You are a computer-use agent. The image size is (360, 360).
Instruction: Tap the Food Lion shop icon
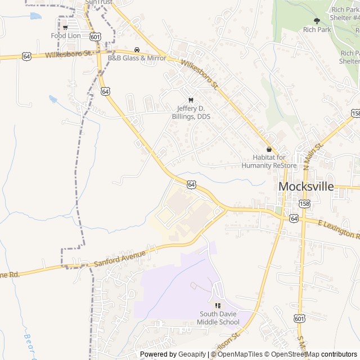pos(66,27)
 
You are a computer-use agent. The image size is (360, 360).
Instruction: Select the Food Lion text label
pos(66,35)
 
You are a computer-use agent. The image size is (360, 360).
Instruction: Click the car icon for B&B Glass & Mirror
pos(137,49)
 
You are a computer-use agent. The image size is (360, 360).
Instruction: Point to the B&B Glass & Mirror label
pos(137,58)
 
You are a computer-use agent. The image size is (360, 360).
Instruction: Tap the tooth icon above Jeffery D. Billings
pos(190,100)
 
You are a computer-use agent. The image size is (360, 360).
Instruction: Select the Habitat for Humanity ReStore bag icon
pos(269,150)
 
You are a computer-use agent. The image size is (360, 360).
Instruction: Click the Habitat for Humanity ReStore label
pos(269,161)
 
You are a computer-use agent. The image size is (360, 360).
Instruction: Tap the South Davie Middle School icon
pos(218,305)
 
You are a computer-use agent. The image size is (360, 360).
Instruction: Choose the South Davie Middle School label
pos(218,318)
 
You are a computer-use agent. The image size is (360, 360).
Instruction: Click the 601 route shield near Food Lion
pos(95,36)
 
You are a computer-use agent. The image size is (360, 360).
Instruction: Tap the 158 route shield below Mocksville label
pos(304,204)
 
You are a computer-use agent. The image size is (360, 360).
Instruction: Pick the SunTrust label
pos(99,2)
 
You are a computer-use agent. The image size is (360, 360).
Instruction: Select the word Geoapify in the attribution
pos(192,354)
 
